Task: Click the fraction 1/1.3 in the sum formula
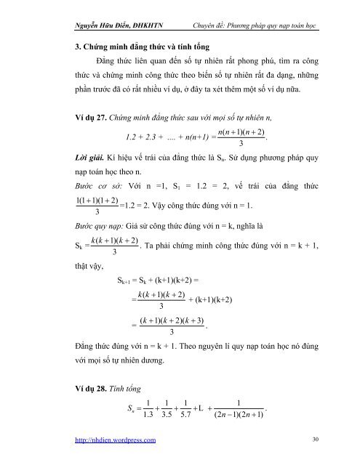pos(148,408)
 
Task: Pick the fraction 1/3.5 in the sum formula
pos(173,408)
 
